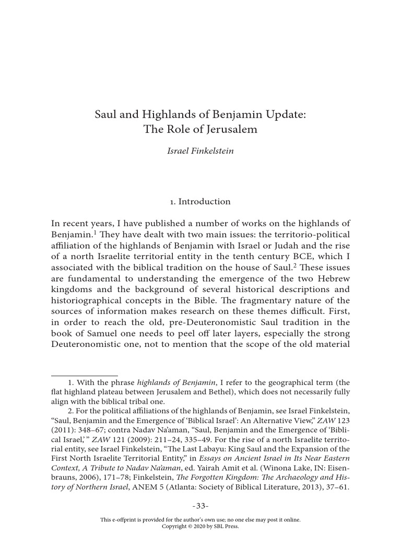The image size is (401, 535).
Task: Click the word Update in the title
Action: pyautogui.click(x=283, y=114)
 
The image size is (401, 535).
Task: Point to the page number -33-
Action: pyautogui.click(x=200, y=506)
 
